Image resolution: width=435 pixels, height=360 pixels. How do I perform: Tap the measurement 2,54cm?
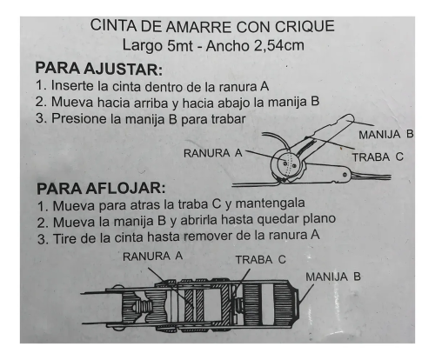(279, 46)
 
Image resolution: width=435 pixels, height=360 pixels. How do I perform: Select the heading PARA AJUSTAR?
(98, 69)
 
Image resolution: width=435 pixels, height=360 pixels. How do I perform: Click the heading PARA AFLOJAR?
(101, 189)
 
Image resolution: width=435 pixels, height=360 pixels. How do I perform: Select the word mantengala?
(270, 203)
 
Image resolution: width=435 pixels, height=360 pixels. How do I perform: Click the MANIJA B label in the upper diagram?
(385, 135)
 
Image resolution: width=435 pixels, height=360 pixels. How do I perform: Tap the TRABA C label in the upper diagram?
(378, 157)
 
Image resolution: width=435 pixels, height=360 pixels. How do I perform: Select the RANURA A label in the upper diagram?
(213, 153)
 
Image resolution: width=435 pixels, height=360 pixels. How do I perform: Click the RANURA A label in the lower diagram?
(152, 257)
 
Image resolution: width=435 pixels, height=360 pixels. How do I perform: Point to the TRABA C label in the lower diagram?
(260, 260)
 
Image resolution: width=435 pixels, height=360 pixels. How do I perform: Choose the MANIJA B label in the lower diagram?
(333, 277)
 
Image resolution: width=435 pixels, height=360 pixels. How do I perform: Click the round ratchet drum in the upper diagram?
(287, 165)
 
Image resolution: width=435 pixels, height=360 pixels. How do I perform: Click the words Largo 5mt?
(157, 46)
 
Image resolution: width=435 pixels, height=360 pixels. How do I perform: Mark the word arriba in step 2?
(151, 103)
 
